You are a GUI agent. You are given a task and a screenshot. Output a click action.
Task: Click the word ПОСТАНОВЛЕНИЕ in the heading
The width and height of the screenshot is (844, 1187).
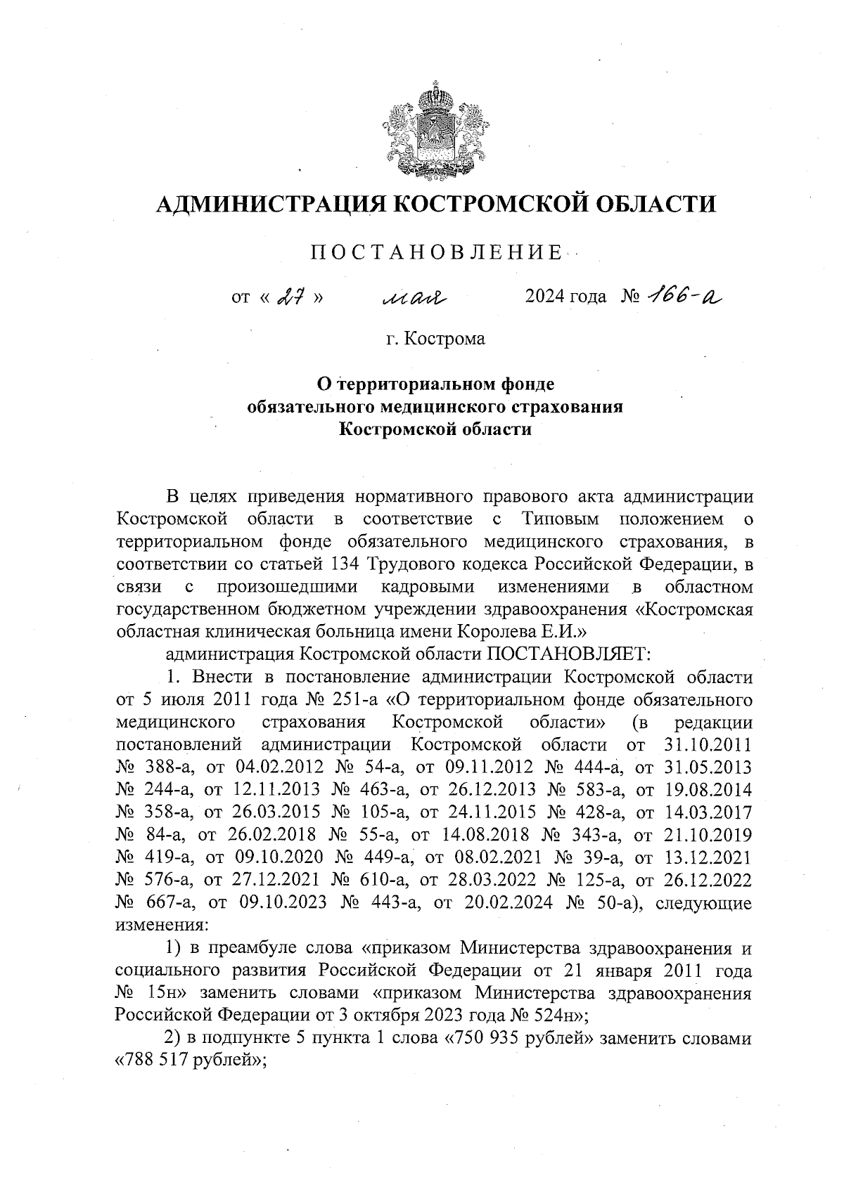(436, 252)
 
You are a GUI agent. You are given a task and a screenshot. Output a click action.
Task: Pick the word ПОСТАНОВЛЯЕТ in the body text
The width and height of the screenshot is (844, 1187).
(566, 654)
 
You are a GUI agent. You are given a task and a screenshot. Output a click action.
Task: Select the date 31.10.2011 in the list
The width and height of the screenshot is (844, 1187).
(708, 745)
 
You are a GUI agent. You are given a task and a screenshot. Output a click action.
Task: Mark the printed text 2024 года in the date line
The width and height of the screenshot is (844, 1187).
(565, 297)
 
